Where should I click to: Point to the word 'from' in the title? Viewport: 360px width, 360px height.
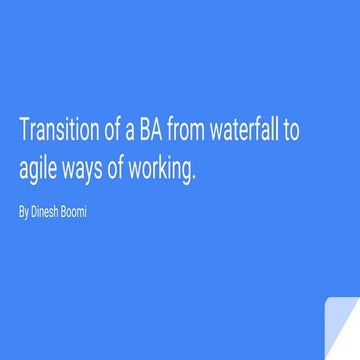(189, 131)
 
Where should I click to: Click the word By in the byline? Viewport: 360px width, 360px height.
(24, 213)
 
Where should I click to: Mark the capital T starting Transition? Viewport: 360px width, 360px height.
(23, 131)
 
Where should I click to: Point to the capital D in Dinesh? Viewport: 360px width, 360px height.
(35, 212)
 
